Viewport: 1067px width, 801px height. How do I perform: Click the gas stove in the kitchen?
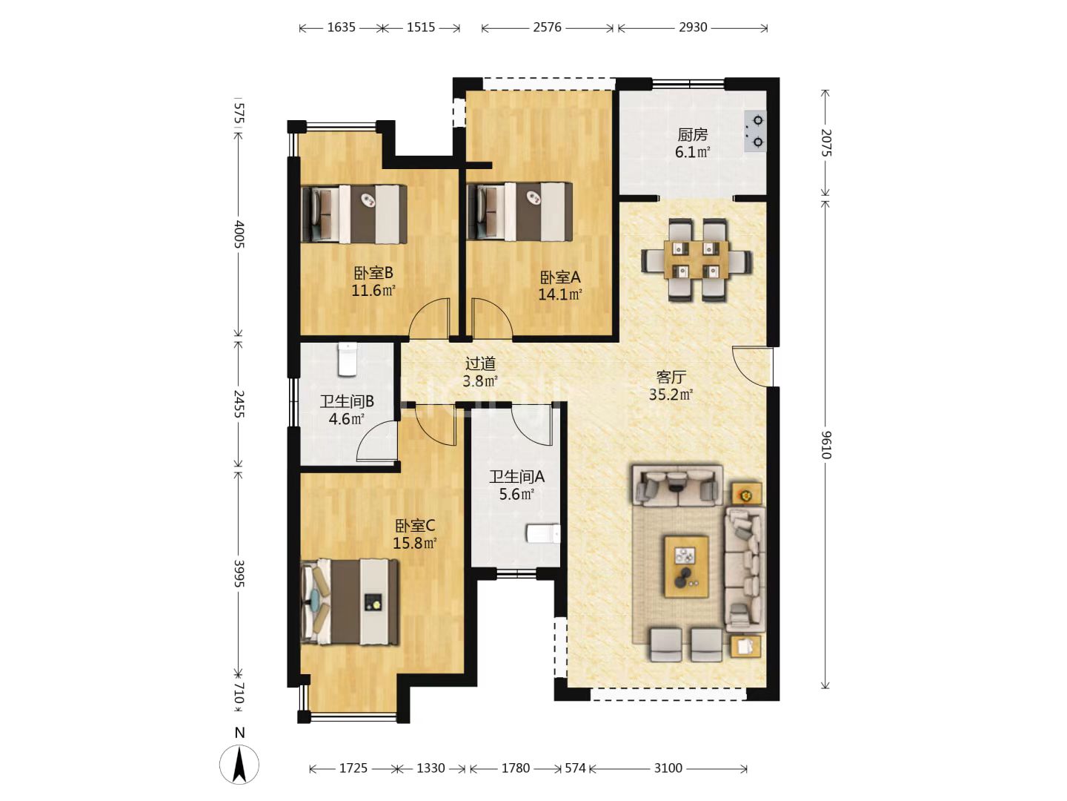pos(755,131)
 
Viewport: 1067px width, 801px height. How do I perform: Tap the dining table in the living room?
pos(696,260)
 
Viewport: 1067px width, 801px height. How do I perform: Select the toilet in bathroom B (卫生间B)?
pos(347,359)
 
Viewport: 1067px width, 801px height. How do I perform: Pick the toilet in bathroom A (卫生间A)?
pos(543,533)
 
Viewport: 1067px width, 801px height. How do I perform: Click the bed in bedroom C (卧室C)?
pos(350,601)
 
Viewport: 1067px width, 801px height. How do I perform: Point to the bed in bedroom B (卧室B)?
pos(354,214)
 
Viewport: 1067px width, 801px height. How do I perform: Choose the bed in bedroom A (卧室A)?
pos(519,211)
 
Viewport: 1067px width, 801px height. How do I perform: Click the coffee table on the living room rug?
pos(686,567)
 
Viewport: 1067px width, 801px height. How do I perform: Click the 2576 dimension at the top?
pos(547,27)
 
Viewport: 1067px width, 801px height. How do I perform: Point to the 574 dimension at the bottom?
pos(575,768)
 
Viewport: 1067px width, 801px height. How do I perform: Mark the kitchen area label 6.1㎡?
pos(692,152)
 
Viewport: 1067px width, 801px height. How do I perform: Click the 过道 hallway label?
pos(480,363)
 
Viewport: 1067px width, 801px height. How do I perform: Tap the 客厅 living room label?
pos(671,377)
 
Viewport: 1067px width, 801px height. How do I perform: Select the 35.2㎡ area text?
pos(671,395)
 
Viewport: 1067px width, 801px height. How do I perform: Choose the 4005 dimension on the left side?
pos(239,234)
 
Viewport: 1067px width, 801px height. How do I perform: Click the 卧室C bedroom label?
pos(415,526)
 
